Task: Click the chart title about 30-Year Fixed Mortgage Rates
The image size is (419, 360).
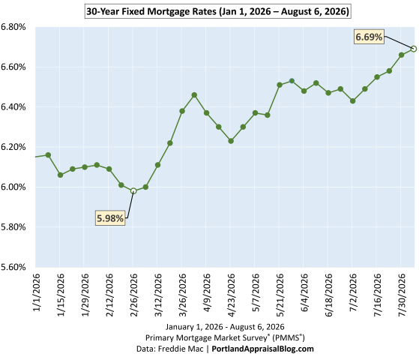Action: tap(218, 11)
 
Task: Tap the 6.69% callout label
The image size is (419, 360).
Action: tap(369, 37)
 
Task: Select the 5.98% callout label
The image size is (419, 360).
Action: tap(110, 218)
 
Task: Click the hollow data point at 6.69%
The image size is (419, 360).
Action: tap(414, 49)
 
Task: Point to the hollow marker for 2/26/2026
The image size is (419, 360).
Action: tap(133, 191)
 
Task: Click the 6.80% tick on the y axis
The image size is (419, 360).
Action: tap(13, 27)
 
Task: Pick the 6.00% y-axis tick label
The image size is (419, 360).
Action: tap(13, 187)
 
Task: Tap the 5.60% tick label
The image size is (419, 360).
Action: tap(13, 267)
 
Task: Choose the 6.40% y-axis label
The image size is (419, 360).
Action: tap(13, 107)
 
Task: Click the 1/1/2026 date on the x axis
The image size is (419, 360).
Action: tap(36, 292)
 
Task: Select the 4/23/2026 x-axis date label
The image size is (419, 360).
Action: tap(231, 295)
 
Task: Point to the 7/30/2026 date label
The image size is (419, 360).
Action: tap(401, 295)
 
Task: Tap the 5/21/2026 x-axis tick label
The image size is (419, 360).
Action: tap(280, 295)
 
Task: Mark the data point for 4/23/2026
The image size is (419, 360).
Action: tap(231, 141)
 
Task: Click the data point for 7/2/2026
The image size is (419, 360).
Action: tap(353, 100)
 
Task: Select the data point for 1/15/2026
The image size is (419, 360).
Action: tap(61, 175)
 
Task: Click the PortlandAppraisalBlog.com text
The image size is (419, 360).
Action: tap(262, 349)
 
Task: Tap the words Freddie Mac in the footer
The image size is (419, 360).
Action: tap(181, 349)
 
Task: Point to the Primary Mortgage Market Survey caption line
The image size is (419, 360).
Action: tap(225, 337)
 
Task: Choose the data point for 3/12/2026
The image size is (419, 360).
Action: tap(157, 165)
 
